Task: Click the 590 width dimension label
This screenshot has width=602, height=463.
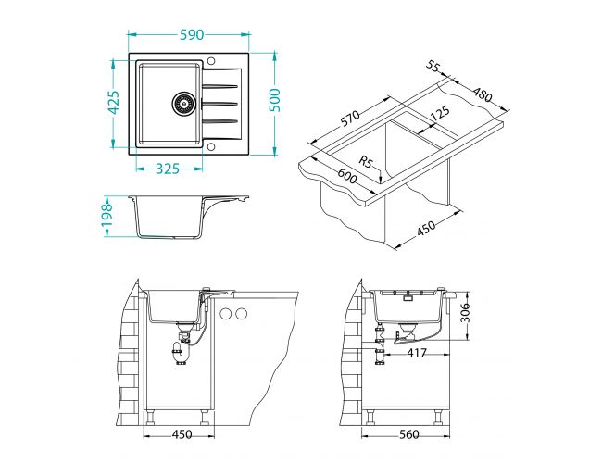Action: click(x=192, y=35)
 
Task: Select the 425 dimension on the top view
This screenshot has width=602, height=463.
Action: click(x=113, y=103)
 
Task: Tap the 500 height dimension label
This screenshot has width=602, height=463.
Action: click(x=275, y=100)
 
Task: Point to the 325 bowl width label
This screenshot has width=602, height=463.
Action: click(x=168, y=169)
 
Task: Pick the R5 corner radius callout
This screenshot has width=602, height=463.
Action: click(x=366, y=161)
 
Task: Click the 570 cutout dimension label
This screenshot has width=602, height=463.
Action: click(x=350, y=119)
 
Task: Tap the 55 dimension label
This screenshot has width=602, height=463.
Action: click(x=433, y=66)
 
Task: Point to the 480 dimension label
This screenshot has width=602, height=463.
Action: click(x=482, y=94)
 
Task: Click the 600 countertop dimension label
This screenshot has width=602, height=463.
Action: click(x=347, y=177)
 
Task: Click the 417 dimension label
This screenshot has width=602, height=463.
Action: click(x=417, y=353)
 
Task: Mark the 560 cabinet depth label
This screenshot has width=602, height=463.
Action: click(x=408, y=434)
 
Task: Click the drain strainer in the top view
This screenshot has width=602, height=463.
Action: click(x=182, y=104)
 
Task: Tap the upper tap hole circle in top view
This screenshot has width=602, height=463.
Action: click(x=211, y=61)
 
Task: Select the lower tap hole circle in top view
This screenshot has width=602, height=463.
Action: click(x=211, y=146)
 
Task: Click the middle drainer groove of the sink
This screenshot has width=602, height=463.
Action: click(x=219, y=104)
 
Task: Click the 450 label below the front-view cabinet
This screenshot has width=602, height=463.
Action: click(x=182, y=434)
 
